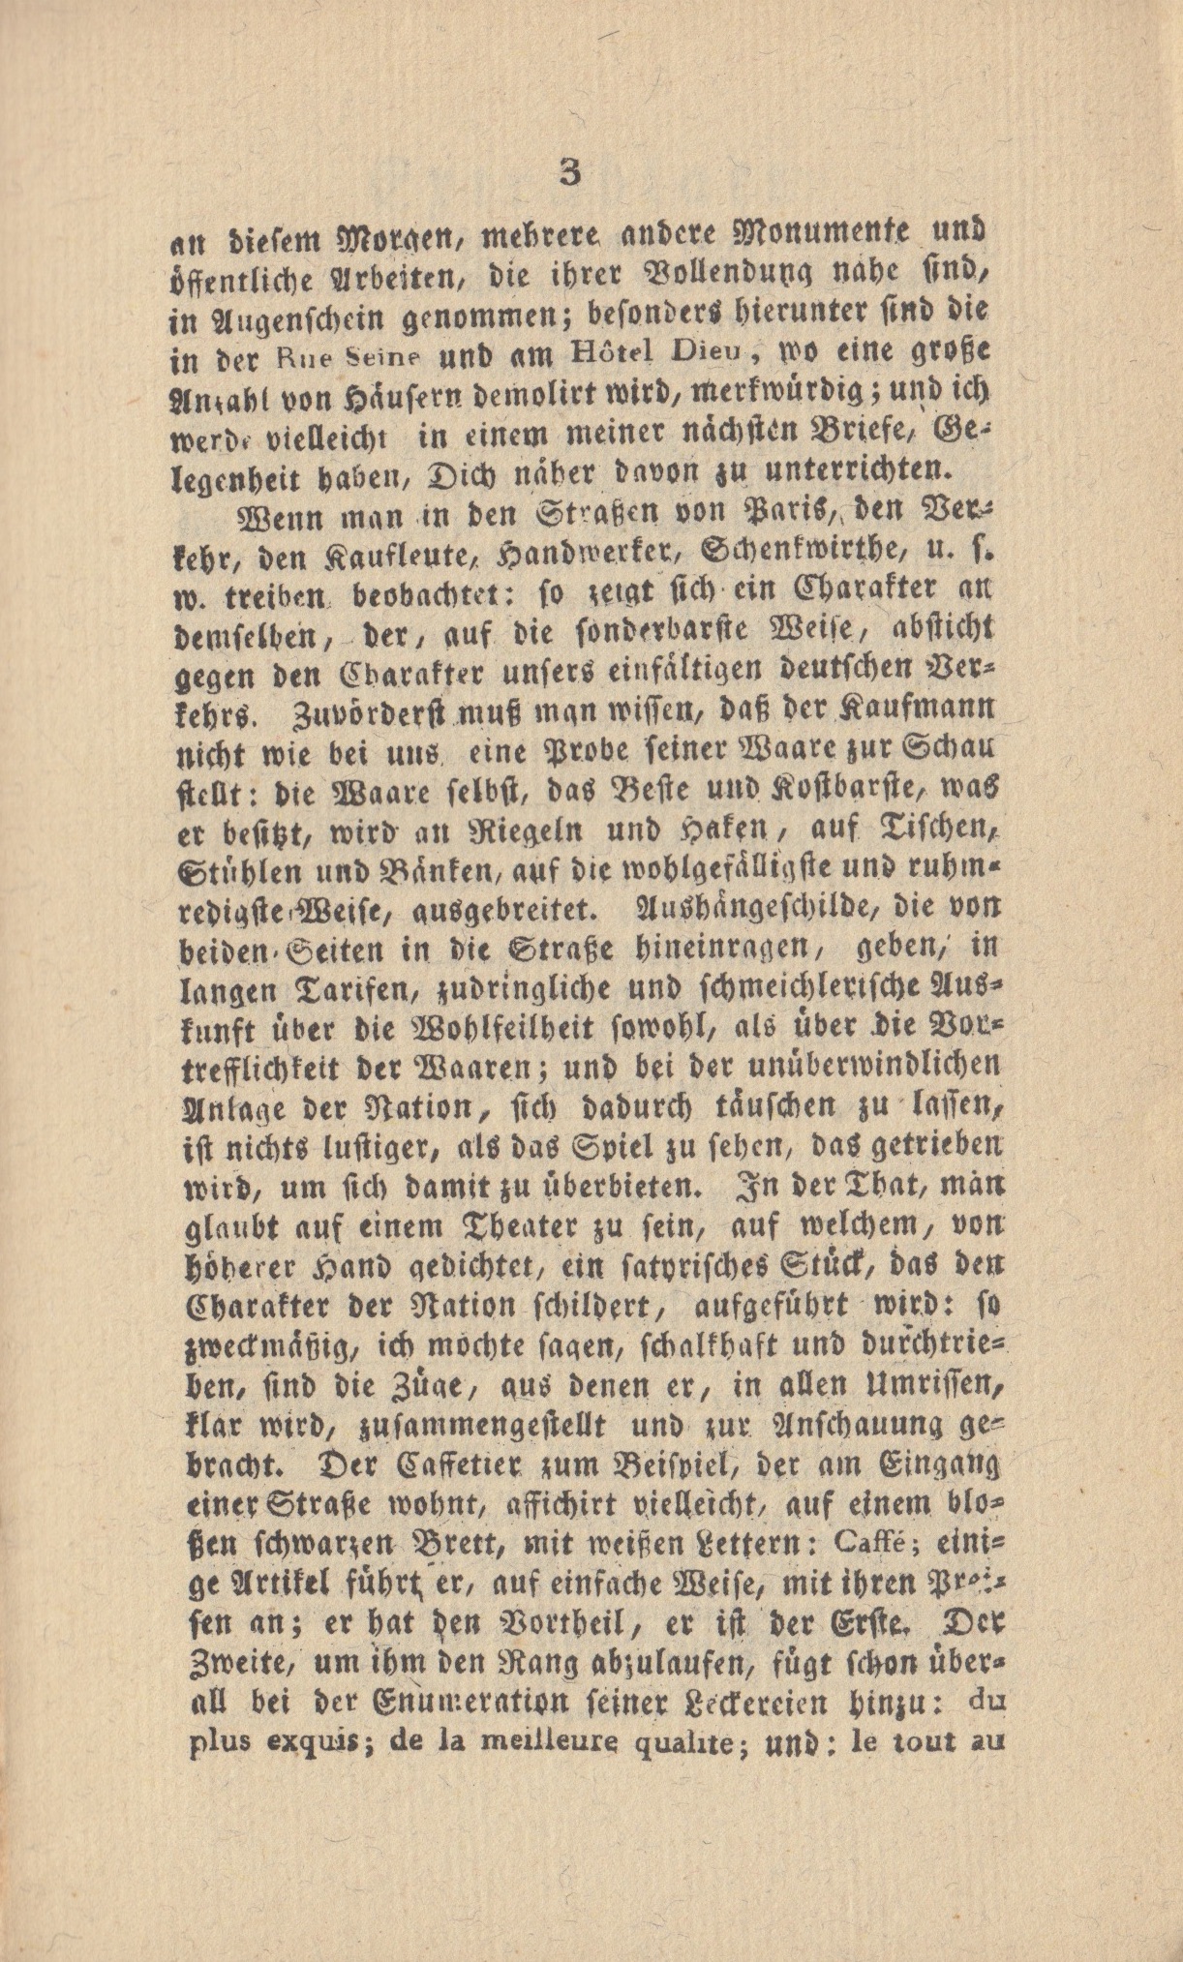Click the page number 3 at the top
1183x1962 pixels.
[569, 174]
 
